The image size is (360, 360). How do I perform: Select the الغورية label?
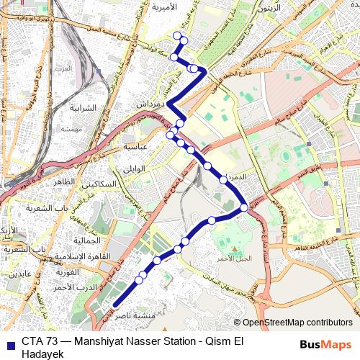click(73, 271)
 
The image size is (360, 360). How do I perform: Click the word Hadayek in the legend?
click(44, 354)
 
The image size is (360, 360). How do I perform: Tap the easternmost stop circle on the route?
click(245, 207)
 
